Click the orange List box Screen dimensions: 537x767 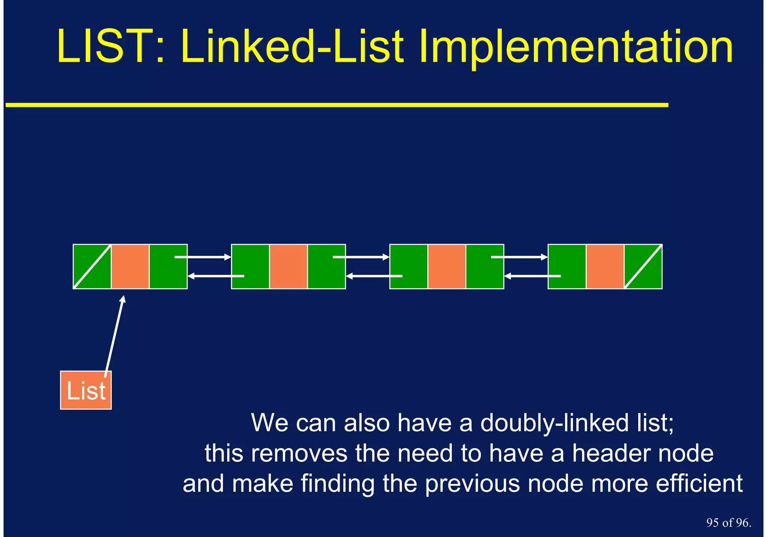(x=86, y=390)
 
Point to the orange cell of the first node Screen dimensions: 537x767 (x=130, y=266)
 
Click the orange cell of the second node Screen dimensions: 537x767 (x=288, y=266)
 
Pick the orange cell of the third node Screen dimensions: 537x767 (x=446, y=266)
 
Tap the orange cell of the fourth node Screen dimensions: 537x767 (x=605, y=266)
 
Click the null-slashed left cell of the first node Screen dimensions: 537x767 (x=92, y=266)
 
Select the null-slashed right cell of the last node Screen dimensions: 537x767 (x=643, y=266)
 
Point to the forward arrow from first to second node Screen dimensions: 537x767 (x=203, y=257)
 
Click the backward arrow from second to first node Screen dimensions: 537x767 (x=216, y=276)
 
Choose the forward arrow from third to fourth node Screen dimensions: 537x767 (x=519, y=257)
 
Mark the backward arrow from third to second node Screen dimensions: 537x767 (x=374, y=276)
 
